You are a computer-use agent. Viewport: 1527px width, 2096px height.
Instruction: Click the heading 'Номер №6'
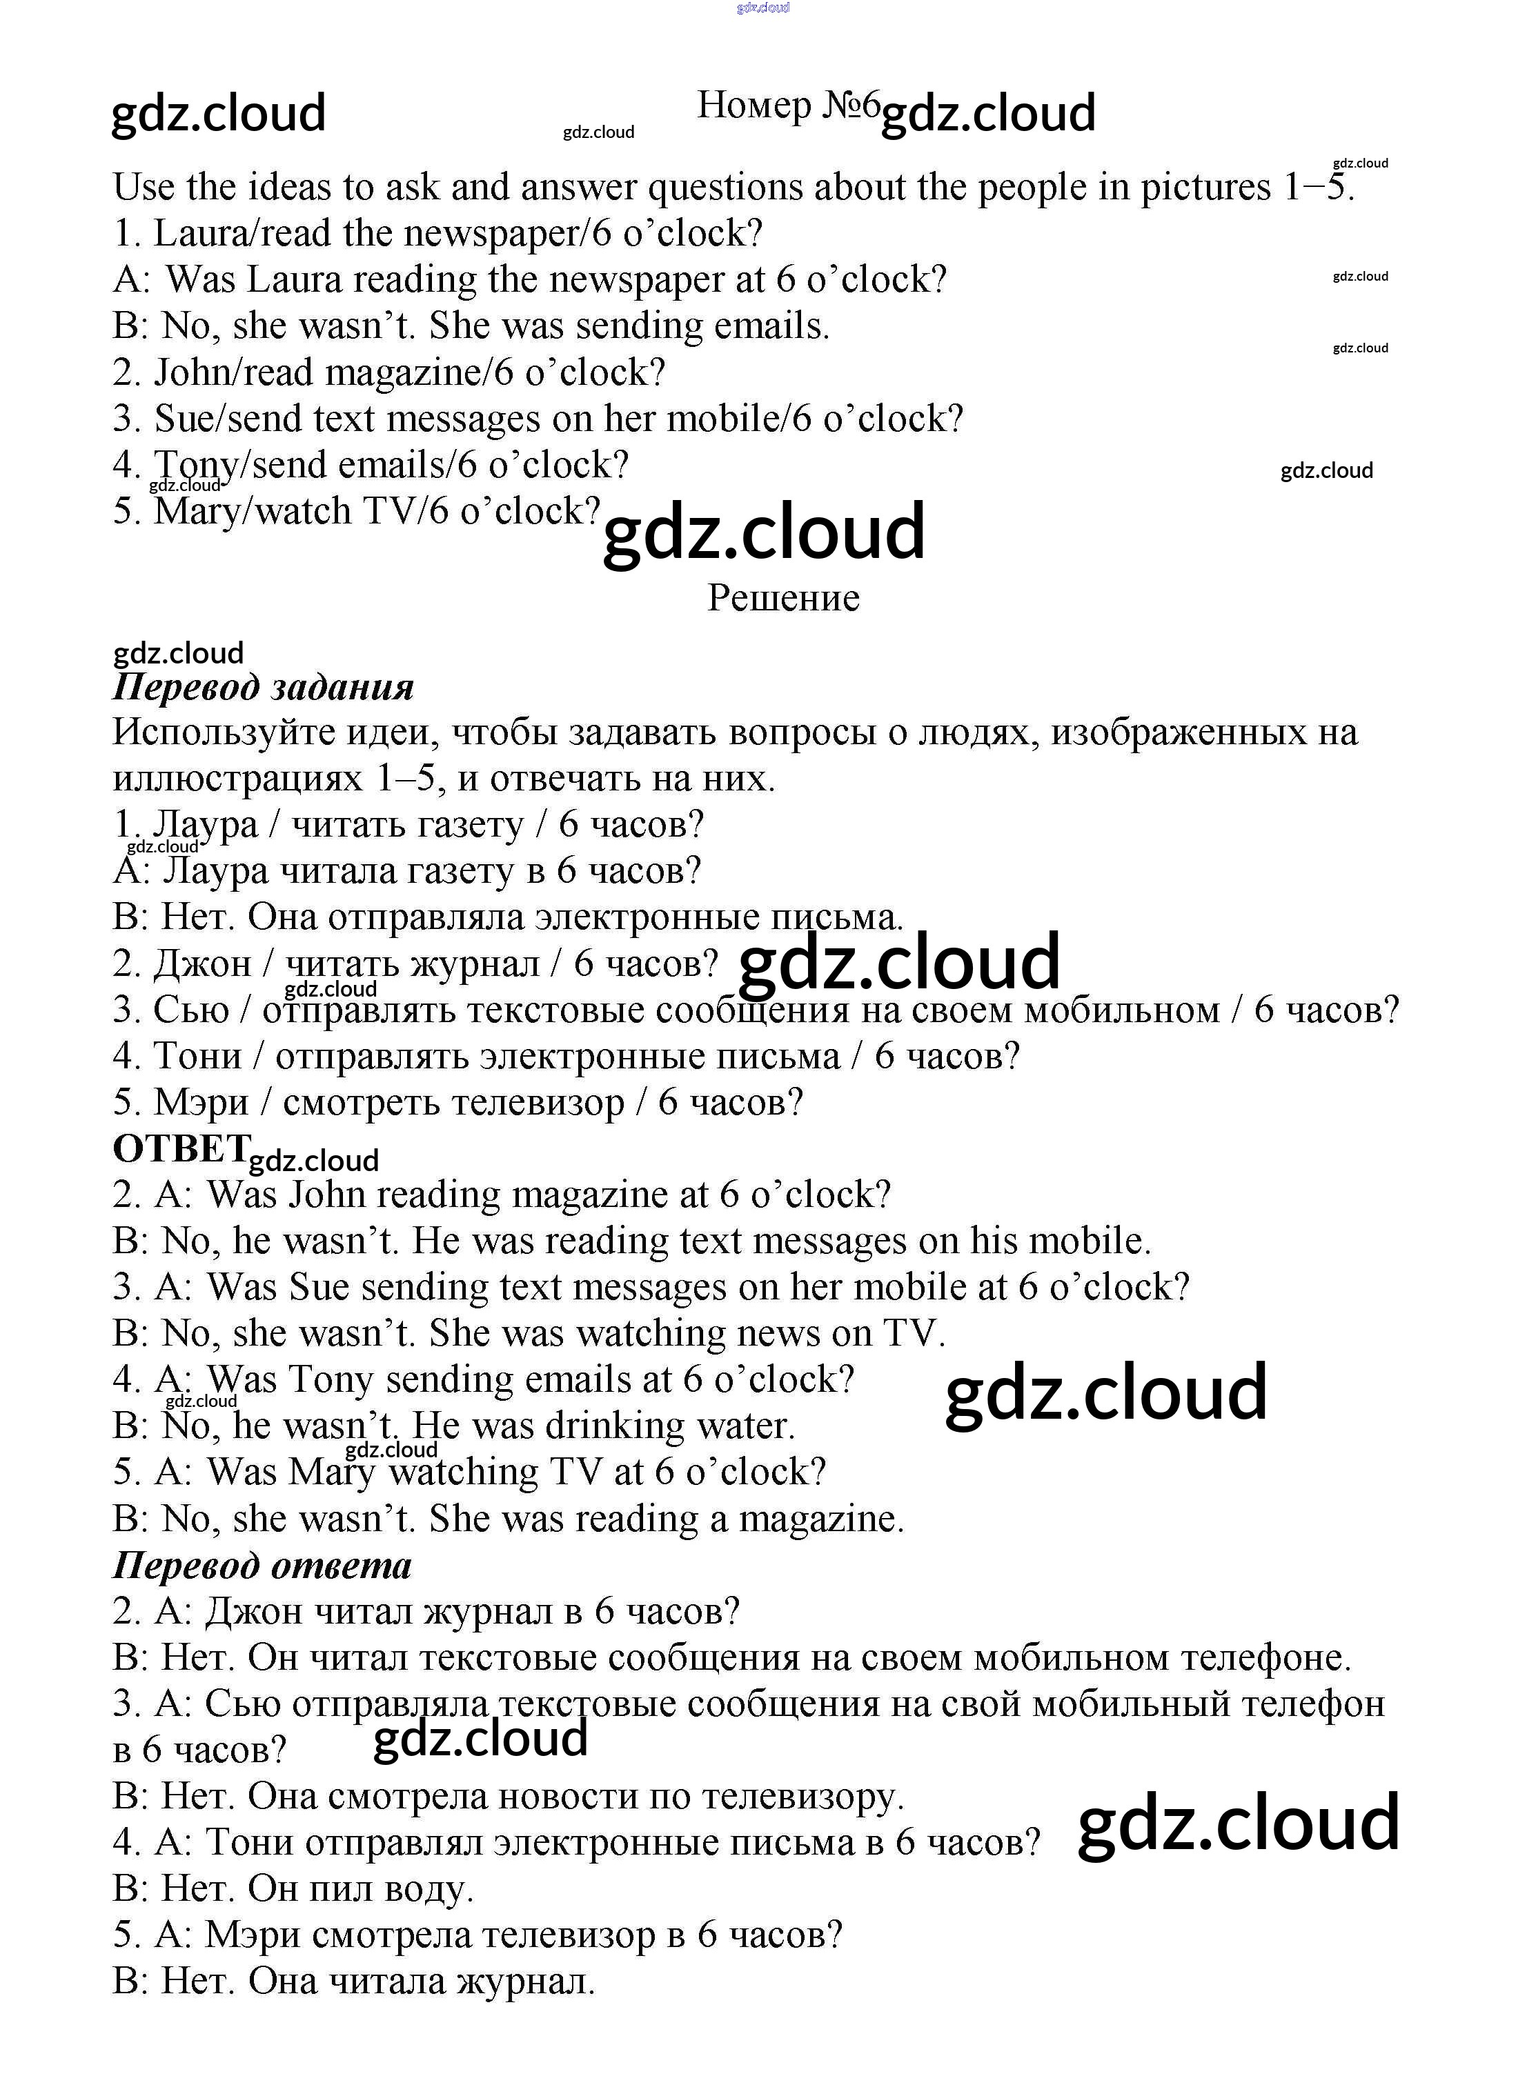click(787, 106)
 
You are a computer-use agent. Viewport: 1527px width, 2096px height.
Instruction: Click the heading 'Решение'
click(783, 598)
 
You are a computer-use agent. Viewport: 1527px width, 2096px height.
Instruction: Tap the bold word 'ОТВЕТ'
click(180, 1149)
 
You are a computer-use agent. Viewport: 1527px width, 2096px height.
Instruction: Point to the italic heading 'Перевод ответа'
click(262, 1566)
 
